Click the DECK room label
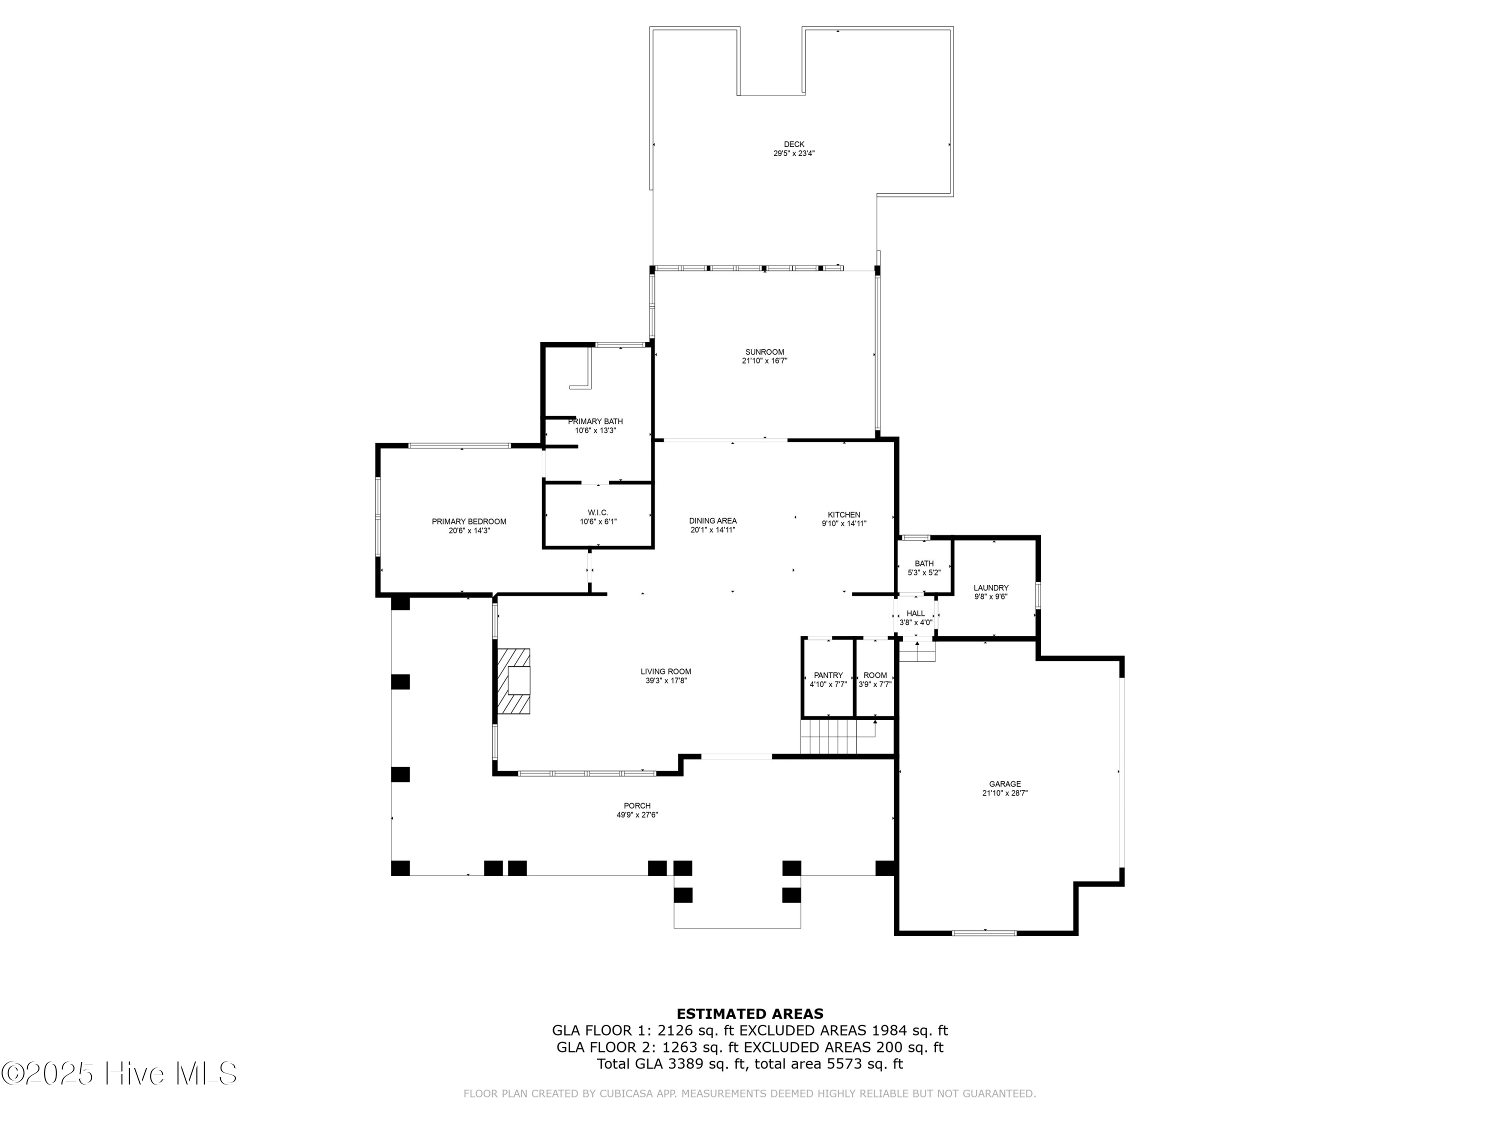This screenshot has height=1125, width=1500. click(793, 144)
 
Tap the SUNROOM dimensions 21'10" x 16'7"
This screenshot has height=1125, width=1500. click(764, 361)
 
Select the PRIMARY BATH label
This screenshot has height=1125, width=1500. click(594, 421)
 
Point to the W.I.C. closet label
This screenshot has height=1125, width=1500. click(597, 512)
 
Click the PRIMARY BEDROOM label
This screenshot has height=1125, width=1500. click(468, 521)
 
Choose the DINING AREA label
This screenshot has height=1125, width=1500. click(712, 521)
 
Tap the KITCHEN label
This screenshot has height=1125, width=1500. click(843, 514)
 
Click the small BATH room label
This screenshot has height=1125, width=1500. click(923, 563)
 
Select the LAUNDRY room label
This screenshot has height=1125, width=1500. click(990, 588)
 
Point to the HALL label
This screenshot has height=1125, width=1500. click(915, 613)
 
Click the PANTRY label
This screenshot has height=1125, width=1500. click(828, 675)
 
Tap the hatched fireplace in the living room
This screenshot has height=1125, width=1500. click(514, 681)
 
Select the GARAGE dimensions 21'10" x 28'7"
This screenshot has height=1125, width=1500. click(1004, 792)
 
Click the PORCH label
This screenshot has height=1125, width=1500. click(637, 805)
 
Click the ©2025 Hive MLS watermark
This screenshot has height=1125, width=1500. click(119, 1073)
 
